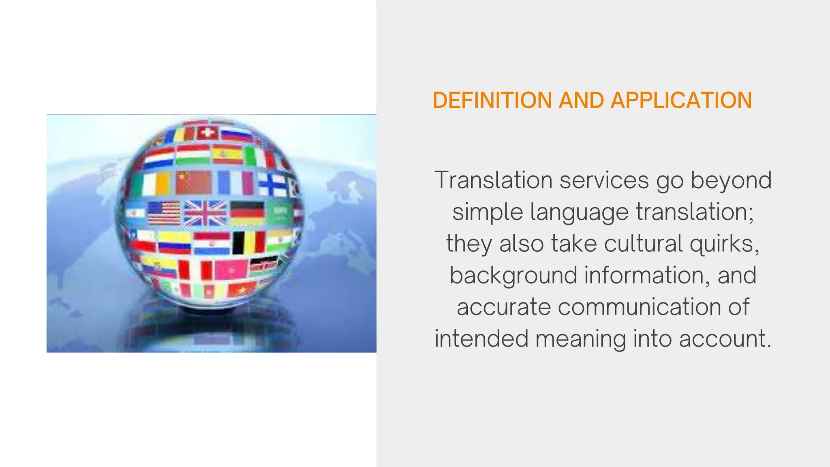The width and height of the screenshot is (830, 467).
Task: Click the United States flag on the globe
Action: click(164, 213)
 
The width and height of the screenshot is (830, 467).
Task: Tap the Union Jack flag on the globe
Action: click(205, 213)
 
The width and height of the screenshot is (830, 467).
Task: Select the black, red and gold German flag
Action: click(247, 213)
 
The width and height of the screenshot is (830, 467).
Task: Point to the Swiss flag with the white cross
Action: click(207, 133)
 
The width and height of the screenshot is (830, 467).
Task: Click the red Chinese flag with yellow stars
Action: click(194, 182)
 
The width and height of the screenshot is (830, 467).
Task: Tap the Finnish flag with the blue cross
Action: click(273, 184)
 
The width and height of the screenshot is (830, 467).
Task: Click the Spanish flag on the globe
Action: click(227, 155)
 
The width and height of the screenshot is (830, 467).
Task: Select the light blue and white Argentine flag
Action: click(135, 213)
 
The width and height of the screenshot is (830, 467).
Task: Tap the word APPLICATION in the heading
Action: click(681, 101)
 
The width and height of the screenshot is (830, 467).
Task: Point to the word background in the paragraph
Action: click(513, 275)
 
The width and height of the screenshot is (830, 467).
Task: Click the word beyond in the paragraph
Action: click(731, 180)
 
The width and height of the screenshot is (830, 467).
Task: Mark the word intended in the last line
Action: click(481, 338)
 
